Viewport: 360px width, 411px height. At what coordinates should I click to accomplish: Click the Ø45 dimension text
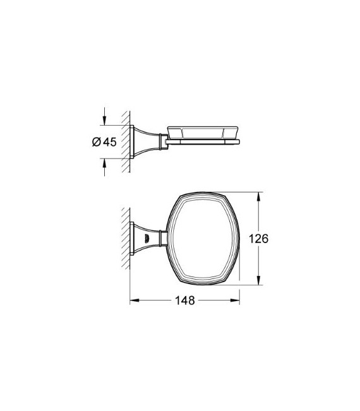pos(102,142)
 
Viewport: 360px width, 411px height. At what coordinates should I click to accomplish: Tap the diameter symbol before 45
pos(95,142)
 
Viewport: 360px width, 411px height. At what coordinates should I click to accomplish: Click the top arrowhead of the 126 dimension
pos(258,194)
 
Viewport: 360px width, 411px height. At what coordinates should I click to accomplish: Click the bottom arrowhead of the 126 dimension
pos(258,283)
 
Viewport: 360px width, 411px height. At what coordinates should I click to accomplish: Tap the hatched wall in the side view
pos(126,142)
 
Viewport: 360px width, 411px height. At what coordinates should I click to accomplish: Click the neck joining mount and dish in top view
pos(162,238)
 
